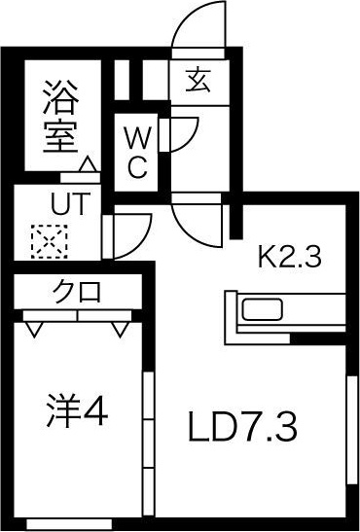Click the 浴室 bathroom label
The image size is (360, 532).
[x=59, y=116]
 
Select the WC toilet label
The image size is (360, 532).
[x=137, y=148]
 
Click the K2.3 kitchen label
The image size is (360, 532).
[x=289, y=258]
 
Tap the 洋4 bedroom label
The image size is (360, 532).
[x=75, y=414]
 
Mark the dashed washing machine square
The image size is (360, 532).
[x=45, y=241]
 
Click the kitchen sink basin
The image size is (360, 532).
[x=262, y=313]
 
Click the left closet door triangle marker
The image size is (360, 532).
[x=36, y=330]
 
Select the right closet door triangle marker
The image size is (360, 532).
[x=120, y=330]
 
